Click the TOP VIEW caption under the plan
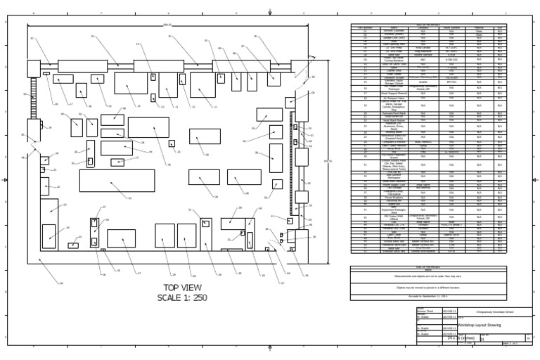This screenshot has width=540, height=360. click(182, 288)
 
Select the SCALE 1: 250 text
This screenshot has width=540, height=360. click(182, 297)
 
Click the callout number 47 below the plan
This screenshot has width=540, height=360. click(139, 274)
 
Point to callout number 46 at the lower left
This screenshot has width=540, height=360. click(61, 283)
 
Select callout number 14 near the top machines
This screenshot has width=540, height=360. click(139, 106)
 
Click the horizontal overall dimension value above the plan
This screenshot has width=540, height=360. click(167, 25)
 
